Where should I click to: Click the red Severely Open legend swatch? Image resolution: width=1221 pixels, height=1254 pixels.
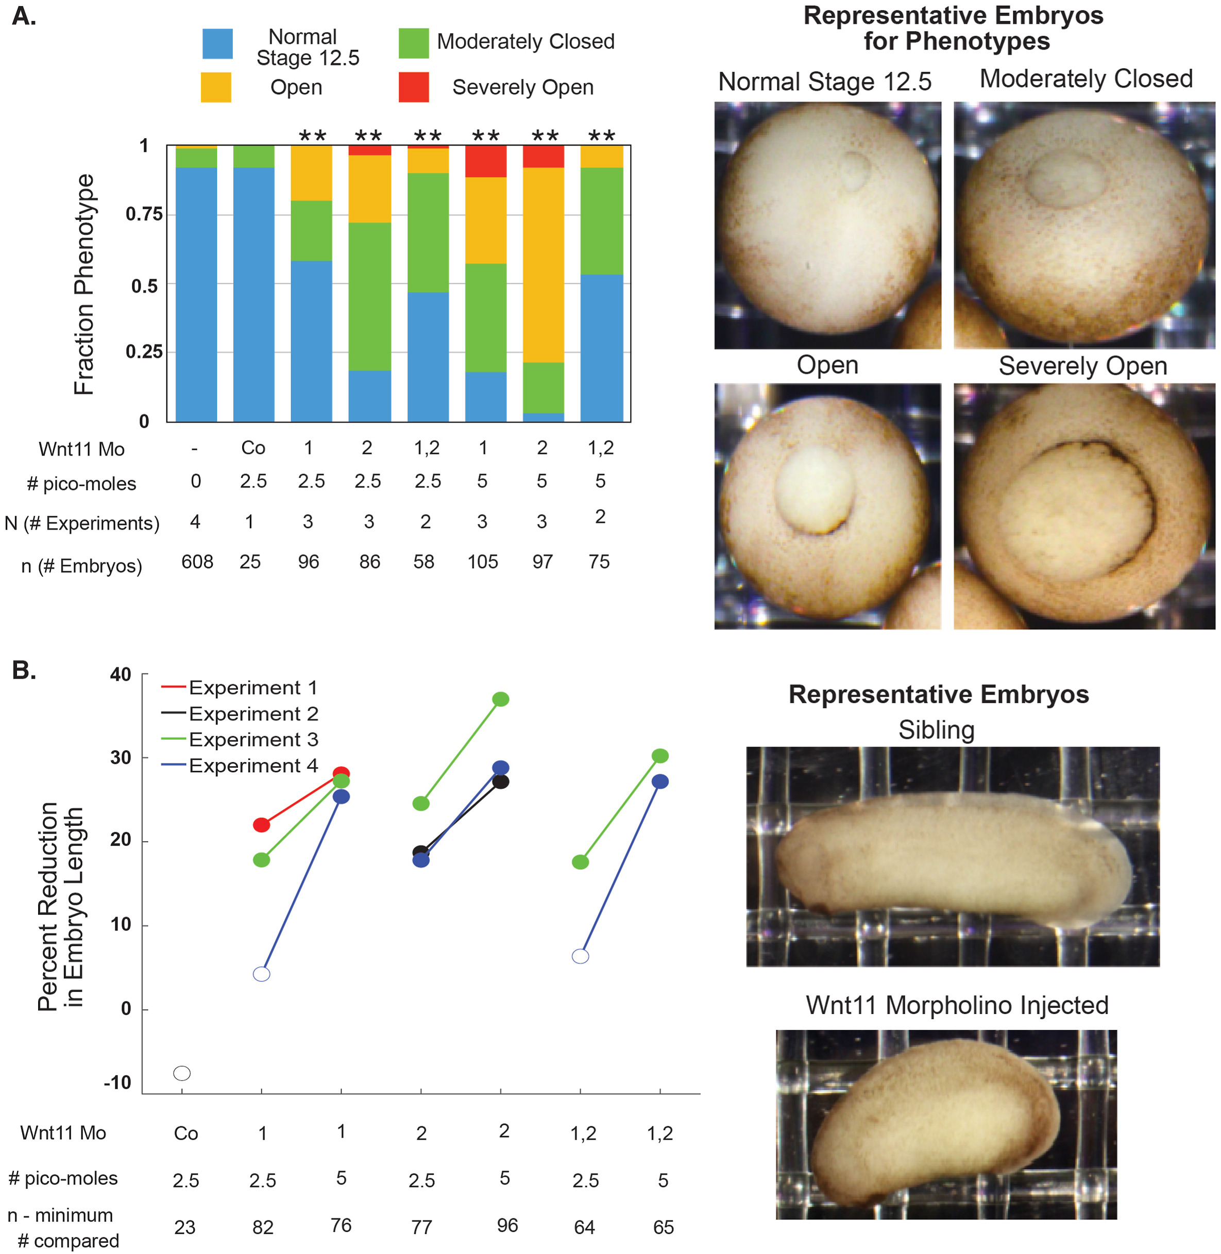coord(414,87)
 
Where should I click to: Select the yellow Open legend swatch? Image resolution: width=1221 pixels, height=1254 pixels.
coord(216,87)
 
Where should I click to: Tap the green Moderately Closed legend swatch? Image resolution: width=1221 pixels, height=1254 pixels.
coord(414,43)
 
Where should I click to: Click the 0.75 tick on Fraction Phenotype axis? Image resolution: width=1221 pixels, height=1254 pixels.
coord(144,214)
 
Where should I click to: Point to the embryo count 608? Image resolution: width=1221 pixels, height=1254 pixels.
coord(197,562)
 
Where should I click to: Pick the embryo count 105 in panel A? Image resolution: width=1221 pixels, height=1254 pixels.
coord(482,562)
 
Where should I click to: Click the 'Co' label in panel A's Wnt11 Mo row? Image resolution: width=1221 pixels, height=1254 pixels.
coord(253,448)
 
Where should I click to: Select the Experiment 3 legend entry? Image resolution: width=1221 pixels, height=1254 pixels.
coord(253,739)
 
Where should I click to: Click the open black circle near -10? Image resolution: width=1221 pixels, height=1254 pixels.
coord(182,1073)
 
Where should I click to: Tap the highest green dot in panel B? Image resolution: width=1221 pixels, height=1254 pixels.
coord(501,699)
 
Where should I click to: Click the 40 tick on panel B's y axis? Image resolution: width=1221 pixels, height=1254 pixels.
coord(121,674)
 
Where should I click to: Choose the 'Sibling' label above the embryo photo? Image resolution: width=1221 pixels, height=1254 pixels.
coord(936,730)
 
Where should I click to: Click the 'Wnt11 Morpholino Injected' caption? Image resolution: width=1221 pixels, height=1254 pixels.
coord(957,1005)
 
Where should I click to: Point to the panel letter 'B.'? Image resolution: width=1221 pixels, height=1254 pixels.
coord(24,671)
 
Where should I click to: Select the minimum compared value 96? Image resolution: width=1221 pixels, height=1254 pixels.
coord(507,1226)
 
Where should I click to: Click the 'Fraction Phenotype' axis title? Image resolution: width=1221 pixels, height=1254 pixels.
coord(84,284)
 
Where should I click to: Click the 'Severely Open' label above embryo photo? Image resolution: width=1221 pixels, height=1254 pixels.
coord(1082,366)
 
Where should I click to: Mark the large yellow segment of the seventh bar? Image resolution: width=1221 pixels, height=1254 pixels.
coord(543,264)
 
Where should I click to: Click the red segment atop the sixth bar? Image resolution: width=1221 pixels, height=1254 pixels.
coord(485,161)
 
